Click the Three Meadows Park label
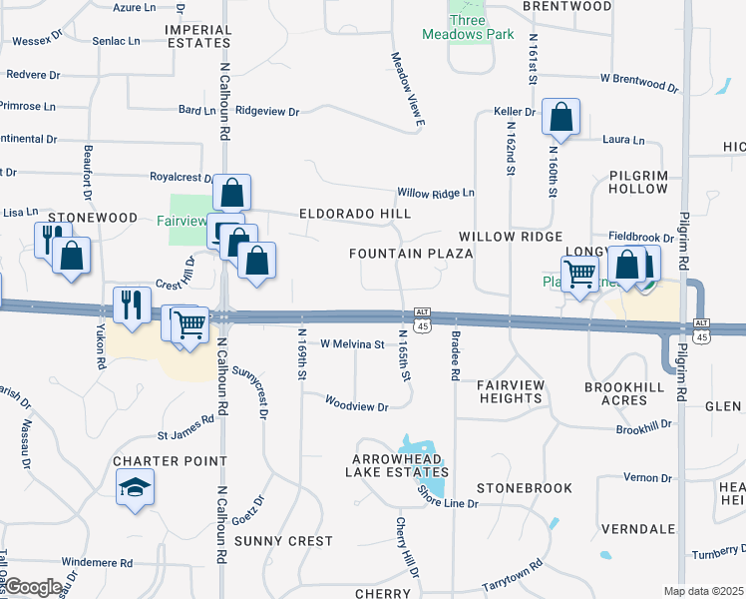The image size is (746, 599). (482, 27)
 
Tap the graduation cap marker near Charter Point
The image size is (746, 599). (135, 487)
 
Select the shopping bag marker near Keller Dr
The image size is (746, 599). (561, 117)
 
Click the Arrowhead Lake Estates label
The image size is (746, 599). (397, 465)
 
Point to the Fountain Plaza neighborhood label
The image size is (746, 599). (410, 254)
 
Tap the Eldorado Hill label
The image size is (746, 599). (355, 214)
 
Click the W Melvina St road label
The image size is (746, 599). (352, 344)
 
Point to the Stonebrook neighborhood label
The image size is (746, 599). (525, 488)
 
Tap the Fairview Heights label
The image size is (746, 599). (510, 391)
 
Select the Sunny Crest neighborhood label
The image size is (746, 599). (283, 541)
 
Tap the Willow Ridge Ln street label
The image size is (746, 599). (436, 192)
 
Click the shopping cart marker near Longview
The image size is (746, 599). (579, 272)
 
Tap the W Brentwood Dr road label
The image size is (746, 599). (638, 81)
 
